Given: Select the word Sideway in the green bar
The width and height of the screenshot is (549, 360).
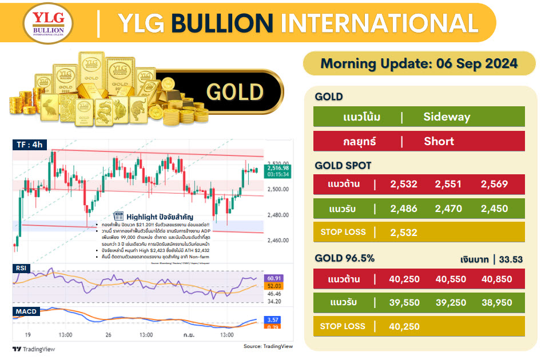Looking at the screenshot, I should click(447, 117).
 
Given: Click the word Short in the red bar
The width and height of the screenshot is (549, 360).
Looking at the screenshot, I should click(439, 141).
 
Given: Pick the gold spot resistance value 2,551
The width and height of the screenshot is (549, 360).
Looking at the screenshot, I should click(448, 184).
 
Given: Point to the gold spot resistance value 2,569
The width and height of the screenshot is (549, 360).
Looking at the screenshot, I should click(495, 184).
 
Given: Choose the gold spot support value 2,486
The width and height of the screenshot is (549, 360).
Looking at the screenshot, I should click(404, 209).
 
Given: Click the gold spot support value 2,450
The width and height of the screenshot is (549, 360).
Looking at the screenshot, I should click(495, 209).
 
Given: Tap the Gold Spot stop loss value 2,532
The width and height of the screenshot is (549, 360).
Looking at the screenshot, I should click(404, 232).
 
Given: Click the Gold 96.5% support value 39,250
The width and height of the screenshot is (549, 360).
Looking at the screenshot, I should click(449, 303).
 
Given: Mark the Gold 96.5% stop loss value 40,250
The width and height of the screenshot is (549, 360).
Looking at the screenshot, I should click(404, 326).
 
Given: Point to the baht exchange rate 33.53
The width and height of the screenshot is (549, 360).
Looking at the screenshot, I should click(511, 259).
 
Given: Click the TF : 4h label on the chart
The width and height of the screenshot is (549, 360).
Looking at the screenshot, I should click(29, 145).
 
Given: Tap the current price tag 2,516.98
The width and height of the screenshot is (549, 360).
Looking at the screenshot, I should click(279, 167).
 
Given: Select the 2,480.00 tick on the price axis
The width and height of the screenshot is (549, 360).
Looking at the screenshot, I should click(279, 215).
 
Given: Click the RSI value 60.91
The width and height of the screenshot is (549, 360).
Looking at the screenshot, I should click(275, 278).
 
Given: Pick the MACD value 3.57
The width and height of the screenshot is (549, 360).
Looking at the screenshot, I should click(273, 320).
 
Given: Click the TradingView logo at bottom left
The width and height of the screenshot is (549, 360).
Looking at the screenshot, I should click(34, 349).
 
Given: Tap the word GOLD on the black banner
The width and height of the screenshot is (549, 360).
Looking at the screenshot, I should click(234, 92).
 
